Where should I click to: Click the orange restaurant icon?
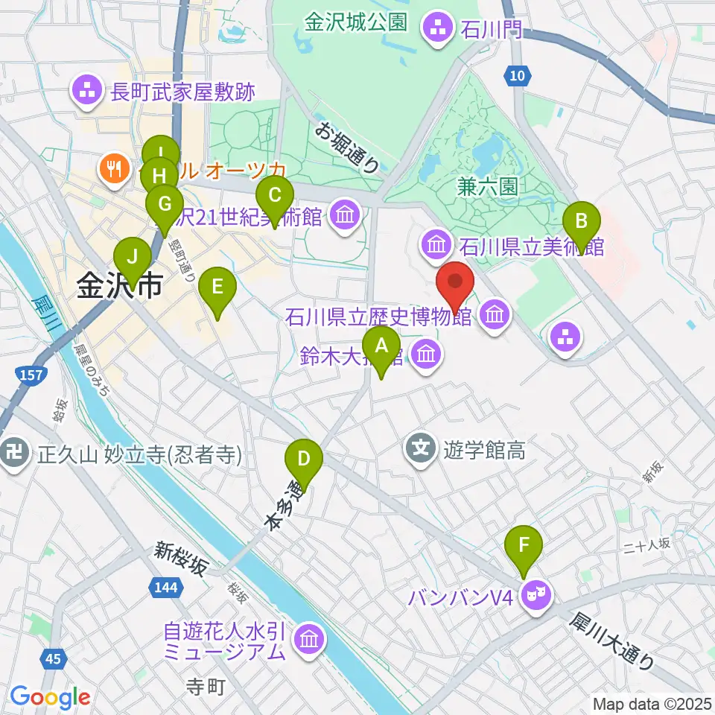click(x=114, y=168)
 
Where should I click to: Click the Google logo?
click(x=50, y=697)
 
